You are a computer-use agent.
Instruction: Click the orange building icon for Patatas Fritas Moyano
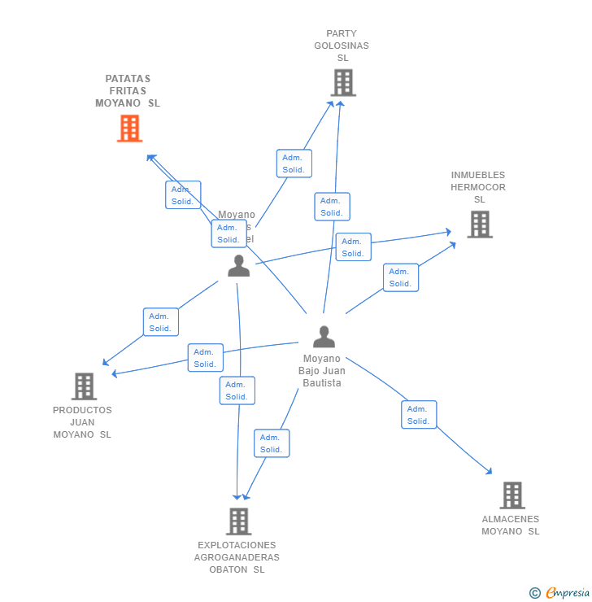click(x=129, y=129)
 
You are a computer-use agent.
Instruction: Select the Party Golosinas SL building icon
click(x=343, y=83)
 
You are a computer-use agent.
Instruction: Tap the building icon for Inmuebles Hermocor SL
click(x=480, y=225)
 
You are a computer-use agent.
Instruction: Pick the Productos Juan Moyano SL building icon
click(x=84, y=386)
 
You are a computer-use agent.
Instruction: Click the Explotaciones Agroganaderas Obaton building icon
click(x=238, y=521)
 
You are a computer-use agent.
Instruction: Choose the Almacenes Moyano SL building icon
click(x=511, y=495)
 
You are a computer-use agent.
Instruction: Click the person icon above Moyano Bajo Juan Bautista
click(x=324, y=337)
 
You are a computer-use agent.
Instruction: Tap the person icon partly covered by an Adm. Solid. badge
click(x=238, y=266)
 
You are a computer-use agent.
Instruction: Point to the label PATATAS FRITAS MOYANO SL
click(x=128, y=91)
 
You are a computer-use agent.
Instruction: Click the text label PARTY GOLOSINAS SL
click(x=342, y=46)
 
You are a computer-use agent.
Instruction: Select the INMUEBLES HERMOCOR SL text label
click(x=478, y=187)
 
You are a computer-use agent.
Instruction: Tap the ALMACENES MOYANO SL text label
click(x=510, y=526)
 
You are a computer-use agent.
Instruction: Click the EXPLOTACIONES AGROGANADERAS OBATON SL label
click(x=237, y=557)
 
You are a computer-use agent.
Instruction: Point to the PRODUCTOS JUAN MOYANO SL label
click(x=82, y=422)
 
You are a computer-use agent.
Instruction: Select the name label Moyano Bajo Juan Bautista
click(x=322, y=371)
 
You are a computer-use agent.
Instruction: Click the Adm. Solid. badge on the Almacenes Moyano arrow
click(x=419, y=415)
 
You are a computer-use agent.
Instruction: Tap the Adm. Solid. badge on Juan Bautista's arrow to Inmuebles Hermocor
click(x=401, y=277)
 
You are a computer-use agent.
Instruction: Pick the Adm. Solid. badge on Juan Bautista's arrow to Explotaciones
click(x=272, y=443)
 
